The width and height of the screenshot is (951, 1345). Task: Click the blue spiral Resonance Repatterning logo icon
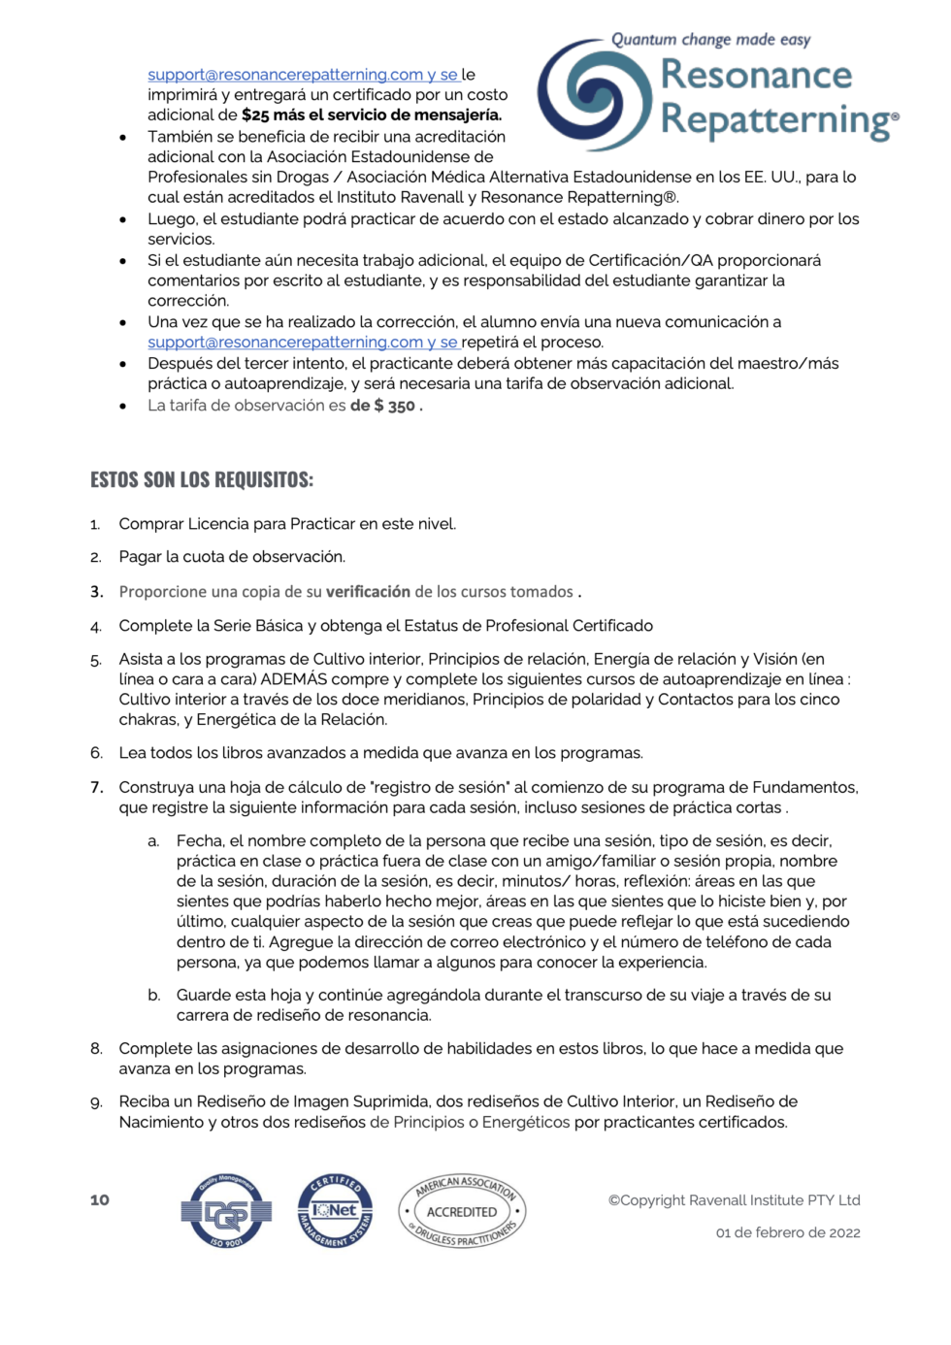click(x=596, y=95)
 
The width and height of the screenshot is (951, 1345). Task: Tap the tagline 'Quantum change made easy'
click(x=710, y=40)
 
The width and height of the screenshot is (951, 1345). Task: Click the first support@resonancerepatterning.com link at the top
click(x=285, y=75)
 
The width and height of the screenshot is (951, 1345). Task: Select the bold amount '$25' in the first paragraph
click(x=255, y=115)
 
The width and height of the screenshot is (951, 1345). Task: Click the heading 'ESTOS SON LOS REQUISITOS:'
click(x=202, y=479)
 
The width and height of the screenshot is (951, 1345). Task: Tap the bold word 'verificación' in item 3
click(x=368, y=592)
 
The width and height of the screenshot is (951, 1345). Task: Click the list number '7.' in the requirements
click(x=96, y=787)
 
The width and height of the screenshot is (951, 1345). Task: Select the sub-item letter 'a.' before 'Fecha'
click(x=153, y=841)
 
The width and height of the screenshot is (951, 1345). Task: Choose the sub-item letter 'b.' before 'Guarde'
click(x=153, y=996)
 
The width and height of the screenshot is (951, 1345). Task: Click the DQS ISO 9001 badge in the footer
click(x=226, y=1211)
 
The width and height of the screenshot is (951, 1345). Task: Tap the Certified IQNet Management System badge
click(x=335, y=1210)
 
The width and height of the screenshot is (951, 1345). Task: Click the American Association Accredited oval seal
click(x=462, y=1211)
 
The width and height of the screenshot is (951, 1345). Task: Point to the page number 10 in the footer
click(x=100, y=1200)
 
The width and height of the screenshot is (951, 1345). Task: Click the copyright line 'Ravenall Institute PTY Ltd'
click(x=735, y=1200)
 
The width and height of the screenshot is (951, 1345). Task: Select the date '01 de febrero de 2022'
click(x=788, y=1233)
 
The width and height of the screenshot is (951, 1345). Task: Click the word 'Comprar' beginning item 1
click(x=150, y=524)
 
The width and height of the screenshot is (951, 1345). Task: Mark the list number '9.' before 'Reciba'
click(x=96, y=1102)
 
